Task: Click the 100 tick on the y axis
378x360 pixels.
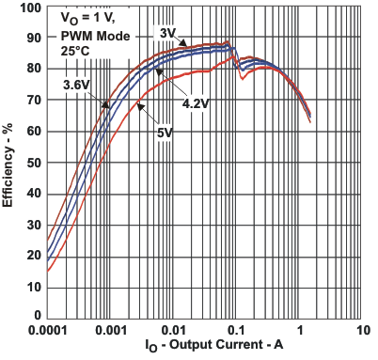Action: (x=30, y=8)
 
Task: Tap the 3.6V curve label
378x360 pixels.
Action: (x=76, y=86)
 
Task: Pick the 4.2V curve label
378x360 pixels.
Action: (x=194, y=103)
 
